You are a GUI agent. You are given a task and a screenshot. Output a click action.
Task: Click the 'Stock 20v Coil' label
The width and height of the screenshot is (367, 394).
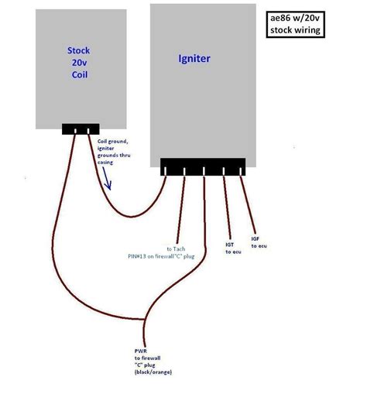79,63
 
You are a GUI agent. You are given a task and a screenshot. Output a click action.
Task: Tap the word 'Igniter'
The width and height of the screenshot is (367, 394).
194,59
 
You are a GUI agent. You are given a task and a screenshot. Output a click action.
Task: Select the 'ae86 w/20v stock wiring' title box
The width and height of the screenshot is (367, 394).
295,25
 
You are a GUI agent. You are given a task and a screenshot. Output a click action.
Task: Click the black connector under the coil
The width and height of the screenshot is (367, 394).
81,129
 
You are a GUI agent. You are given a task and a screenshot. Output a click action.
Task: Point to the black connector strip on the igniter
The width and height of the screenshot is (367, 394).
203,167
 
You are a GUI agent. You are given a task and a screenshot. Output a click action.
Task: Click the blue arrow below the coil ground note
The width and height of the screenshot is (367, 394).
107,179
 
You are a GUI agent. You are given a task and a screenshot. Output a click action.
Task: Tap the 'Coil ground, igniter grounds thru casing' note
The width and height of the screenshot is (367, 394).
114,152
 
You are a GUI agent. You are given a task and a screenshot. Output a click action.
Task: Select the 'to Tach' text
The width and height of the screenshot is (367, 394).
176,249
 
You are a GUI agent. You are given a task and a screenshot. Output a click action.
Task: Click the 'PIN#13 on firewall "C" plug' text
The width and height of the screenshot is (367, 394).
161,256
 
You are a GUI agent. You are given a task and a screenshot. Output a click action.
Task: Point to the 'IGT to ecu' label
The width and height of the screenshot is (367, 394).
233,248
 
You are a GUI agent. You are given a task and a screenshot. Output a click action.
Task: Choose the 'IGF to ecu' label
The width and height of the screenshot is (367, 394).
259,242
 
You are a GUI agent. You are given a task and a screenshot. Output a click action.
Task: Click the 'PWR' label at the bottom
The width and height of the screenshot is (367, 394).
141,351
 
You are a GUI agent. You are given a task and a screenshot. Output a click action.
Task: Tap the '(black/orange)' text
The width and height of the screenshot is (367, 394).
153,372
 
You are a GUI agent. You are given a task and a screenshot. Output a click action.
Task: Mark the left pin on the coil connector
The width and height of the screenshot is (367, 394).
75,131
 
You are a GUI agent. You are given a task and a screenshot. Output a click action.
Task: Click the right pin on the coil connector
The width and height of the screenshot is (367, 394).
88,131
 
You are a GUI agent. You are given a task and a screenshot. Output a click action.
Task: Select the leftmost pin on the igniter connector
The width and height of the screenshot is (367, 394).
165,171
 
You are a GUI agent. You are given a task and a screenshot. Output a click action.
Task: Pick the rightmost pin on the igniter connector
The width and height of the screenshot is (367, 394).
241,171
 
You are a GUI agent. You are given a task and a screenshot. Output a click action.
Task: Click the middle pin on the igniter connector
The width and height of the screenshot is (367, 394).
204,171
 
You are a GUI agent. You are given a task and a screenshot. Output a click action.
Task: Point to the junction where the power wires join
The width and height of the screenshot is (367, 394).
144,320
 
